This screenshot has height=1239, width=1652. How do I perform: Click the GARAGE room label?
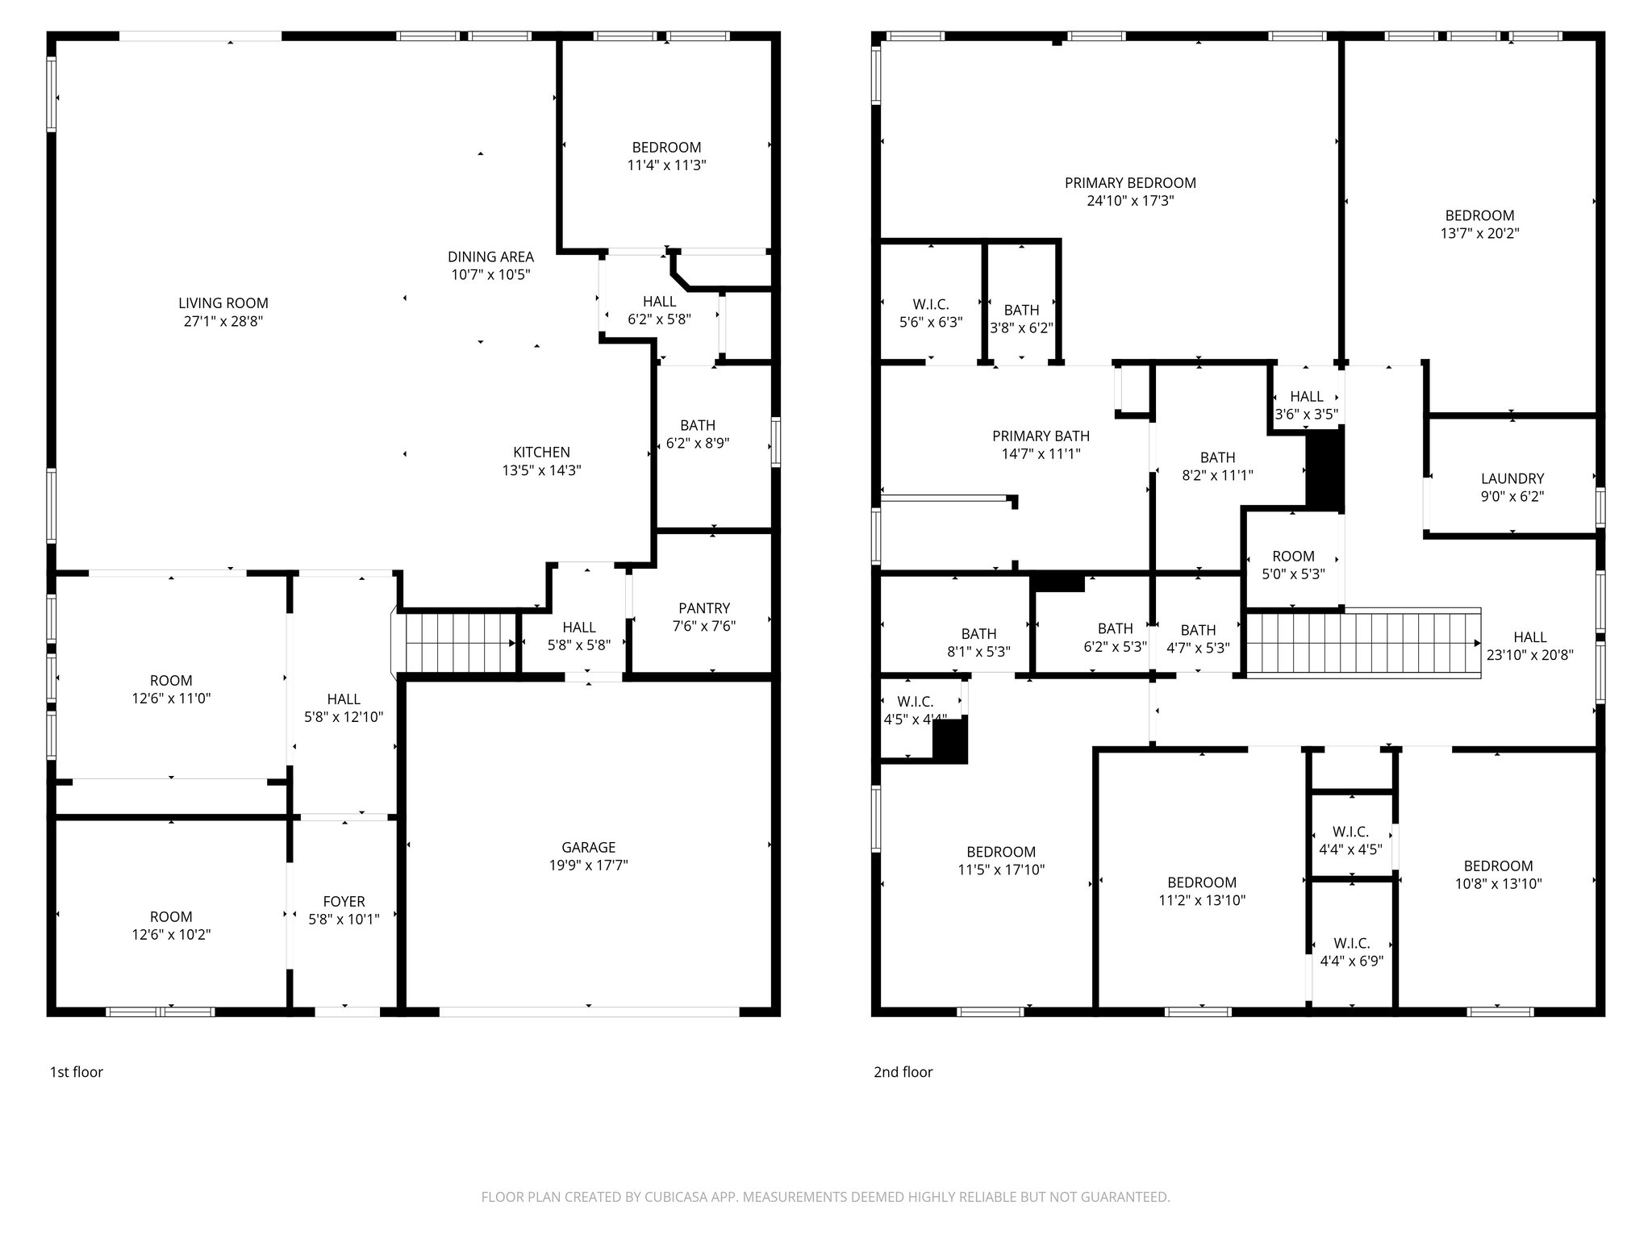(588, 847)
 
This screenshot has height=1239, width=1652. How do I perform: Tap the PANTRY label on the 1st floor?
(703, 608)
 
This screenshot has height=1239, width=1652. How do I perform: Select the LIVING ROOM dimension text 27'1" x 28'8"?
(223, 321)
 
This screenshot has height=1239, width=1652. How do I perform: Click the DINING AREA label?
(490, 257)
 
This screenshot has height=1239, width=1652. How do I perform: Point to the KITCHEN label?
(541, 453)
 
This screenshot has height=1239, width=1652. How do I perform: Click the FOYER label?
(344, 902)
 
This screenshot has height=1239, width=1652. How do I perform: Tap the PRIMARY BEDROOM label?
(1129, 183)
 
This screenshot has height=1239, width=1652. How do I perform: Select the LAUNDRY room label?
(1512, 478)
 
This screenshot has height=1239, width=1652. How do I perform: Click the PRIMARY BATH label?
(1041, 436)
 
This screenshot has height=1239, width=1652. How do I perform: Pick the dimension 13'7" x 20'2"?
(1479, 233)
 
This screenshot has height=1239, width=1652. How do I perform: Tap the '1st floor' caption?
(77, 1072)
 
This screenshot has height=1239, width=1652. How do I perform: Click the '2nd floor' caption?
(903, 1072)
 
